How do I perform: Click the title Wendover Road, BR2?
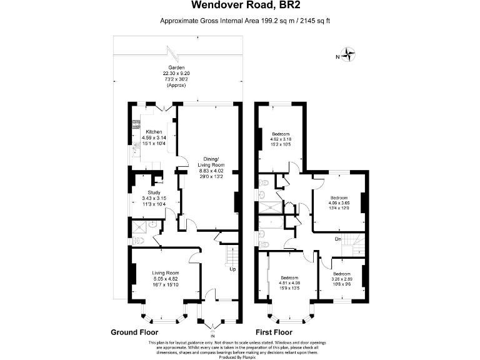240,6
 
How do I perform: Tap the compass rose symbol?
349,56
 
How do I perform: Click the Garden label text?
176,67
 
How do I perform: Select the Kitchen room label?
154,132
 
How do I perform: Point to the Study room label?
154,192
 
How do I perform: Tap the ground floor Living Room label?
166,272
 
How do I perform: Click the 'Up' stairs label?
232,270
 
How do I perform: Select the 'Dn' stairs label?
337,239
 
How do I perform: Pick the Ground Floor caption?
134,332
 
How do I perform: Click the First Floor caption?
274,332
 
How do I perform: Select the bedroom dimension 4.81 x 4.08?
289,283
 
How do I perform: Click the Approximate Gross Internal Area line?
240,21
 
